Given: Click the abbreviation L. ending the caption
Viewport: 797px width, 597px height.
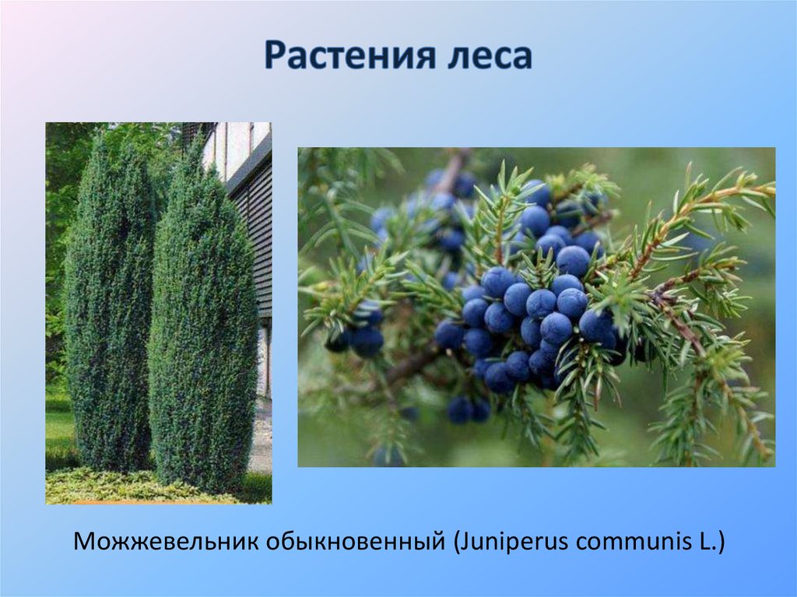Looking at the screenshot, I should point(707,541).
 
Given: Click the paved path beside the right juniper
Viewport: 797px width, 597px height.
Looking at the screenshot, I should point(261,444).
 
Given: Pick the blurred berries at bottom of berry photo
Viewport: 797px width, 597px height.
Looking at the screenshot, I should point(467,409).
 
